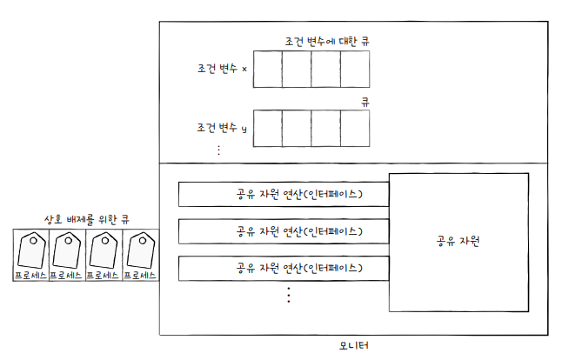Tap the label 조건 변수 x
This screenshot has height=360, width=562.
pos(222,68)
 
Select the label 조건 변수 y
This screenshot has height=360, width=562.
pos(222,128)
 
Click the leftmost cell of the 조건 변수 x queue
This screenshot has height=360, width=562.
pos(268,68)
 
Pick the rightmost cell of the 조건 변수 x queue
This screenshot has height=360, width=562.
pos(355,68)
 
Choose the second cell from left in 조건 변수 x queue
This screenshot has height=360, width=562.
pos(297,68)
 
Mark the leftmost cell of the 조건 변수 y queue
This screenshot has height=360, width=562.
pos(268,129)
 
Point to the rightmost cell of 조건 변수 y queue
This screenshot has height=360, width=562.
pos(355,129)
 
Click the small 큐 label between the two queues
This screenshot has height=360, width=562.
pos(365,102)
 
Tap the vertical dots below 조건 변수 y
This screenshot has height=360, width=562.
pos(218,150)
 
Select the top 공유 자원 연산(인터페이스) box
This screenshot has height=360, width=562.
pos(283,194)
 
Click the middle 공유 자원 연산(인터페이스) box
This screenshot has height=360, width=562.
pos(283,231)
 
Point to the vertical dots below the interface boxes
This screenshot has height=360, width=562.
pos(288,295)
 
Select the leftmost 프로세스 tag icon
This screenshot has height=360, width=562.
pos(30,254)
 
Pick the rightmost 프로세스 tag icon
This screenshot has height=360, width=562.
pos(140,254)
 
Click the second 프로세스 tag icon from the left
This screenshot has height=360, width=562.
pos(67,254)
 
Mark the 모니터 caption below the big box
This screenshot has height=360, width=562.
pos(353,346)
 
